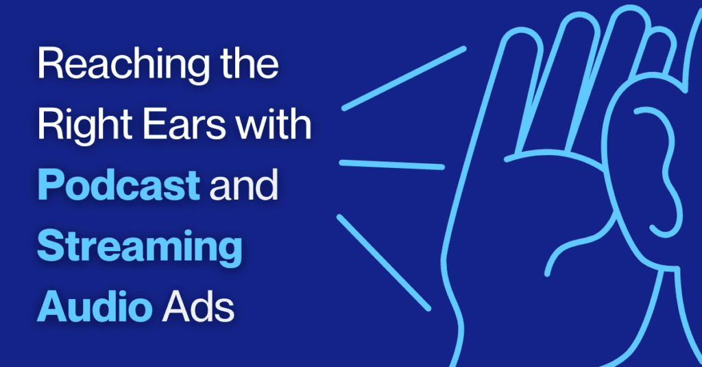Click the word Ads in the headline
coord(197,305)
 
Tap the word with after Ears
coord(271,128)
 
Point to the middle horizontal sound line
coord(392,164)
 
